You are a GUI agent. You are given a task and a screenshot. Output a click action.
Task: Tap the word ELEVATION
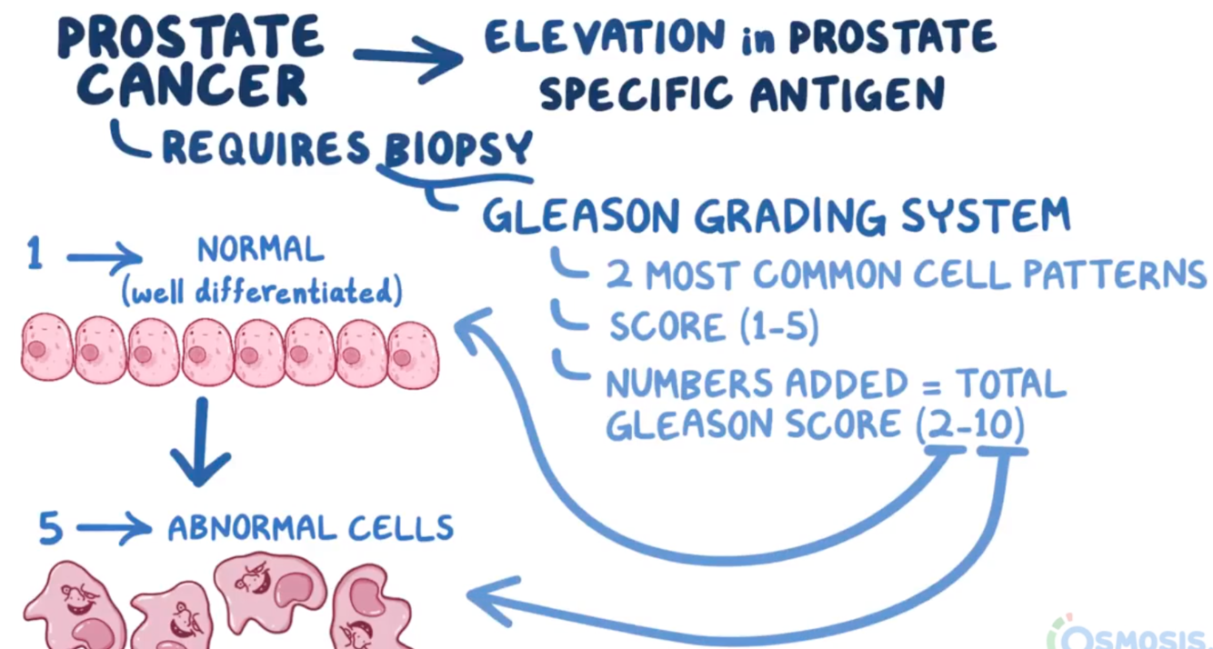pos(605,38)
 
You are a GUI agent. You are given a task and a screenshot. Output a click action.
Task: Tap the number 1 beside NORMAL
pos(35,254)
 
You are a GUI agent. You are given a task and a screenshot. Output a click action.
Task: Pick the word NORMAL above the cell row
pos(260,249)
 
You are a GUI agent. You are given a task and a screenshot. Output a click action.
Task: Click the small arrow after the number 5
pos(114,527)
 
